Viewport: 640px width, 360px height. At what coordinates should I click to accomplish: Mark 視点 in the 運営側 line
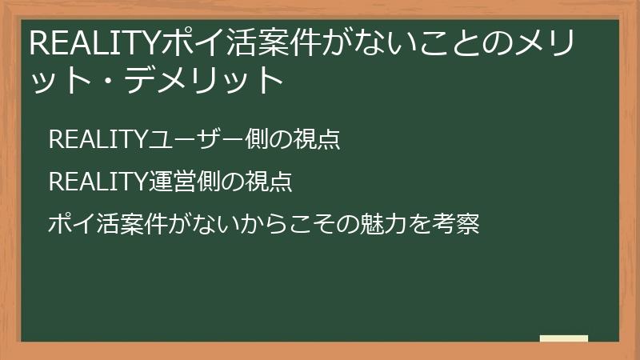pyautogui.click(x=271, y=182)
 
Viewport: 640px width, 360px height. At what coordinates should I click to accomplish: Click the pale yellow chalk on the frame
pyautogui.click(x=564, y=338)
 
